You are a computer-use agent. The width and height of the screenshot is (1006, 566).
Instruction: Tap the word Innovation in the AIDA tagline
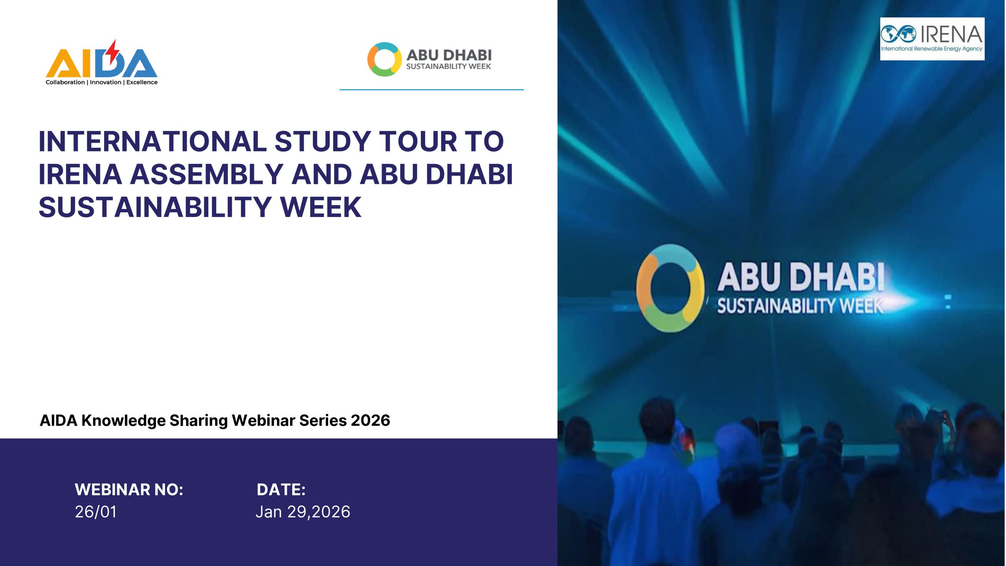point(105,82)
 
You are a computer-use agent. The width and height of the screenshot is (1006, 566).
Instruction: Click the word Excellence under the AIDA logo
point(142,82)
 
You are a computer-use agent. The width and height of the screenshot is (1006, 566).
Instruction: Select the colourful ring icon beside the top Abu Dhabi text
point(384,59)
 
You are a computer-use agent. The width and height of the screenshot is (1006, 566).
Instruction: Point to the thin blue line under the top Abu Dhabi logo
point(431,90)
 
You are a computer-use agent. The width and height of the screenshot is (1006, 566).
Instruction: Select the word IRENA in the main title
point(81,175)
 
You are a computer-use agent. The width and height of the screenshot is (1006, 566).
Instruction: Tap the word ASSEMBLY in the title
point(207,175)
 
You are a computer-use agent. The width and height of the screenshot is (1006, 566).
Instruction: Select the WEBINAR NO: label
point(129,490)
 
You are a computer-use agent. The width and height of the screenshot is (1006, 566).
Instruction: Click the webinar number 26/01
point(96,512)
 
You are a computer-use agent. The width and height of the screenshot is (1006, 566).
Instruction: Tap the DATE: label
point(281,490)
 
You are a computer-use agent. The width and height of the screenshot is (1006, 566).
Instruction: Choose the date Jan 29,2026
point(303,512)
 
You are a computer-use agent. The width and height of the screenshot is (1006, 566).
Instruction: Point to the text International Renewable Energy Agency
point(931,49)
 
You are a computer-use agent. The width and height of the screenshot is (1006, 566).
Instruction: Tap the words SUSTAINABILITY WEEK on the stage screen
point(800,306)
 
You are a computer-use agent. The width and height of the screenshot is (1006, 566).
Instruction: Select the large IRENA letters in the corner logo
point(951,34)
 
